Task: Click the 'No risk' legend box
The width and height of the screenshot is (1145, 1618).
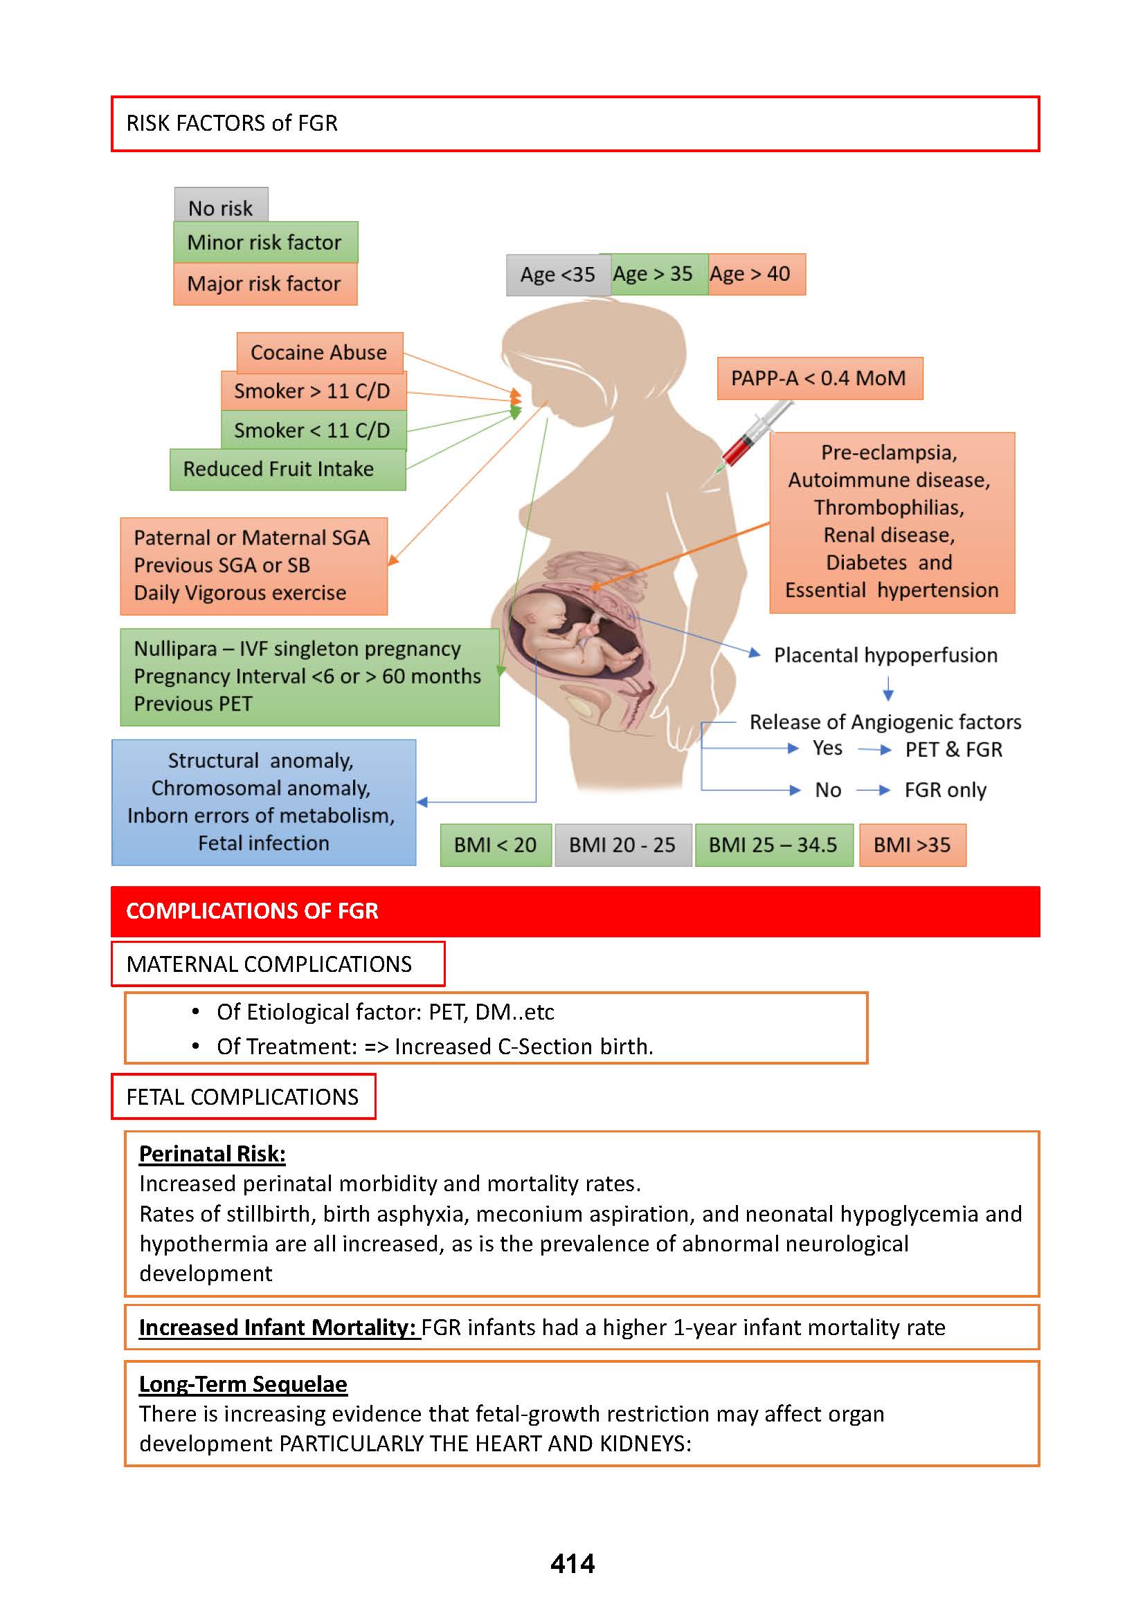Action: tap(221, 205)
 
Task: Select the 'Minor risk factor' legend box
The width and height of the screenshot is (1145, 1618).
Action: tap(265, 242)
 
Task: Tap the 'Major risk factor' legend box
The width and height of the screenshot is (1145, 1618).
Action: tap(265, 284)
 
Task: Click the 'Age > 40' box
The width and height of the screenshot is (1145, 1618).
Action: tap(756, 274)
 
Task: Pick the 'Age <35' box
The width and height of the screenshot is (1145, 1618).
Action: tap(557, 275)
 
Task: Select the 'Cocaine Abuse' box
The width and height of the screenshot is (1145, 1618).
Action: tap(319, 352)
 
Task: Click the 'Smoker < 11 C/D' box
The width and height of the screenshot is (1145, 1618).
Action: tap(313, 430)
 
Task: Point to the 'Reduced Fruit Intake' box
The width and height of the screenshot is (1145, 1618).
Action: tap(287, 469)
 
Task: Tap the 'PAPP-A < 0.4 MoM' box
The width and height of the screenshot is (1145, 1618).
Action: tap(819, 378)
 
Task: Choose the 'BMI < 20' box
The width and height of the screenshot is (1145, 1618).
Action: tap(495, 844)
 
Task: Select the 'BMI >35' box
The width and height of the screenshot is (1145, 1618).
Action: tap(912, 844)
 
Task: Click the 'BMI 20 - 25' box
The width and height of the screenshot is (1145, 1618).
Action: tap(622, 844)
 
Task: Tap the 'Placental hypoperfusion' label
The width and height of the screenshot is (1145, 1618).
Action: tap(885, 654)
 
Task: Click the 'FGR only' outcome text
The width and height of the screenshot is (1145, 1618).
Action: tap(945, 790)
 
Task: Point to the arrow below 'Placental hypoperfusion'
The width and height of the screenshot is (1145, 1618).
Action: tap(888, 688)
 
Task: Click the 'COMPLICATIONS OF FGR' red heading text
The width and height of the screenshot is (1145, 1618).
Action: tap(252, 910)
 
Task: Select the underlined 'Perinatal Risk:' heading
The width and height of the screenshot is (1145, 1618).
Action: tap(213, 1154)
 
